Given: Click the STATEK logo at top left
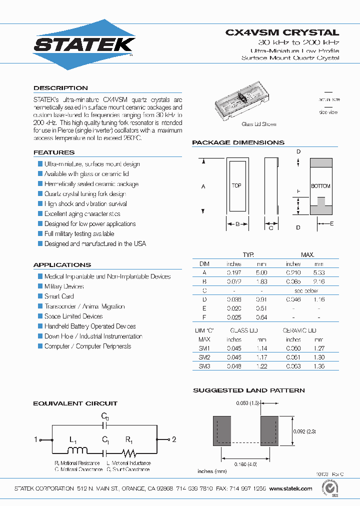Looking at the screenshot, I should click(84, 44).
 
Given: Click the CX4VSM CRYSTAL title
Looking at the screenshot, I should click(282, 32).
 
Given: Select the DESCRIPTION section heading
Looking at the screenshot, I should click(60, 88).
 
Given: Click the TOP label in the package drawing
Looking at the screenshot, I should click(236, 185).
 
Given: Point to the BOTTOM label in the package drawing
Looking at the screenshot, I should click(320, 186).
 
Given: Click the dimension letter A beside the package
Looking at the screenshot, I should click(203, 186).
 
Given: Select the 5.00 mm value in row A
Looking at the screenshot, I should click(261, 272).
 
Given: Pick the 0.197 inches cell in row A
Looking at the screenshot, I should click(234, 272).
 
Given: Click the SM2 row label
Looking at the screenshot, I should click(204, 357).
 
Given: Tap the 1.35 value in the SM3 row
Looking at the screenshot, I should click(318, 366).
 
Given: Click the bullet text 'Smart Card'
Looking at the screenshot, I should click(59, 296).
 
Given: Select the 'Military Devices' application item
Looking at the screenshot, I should click(64, 286).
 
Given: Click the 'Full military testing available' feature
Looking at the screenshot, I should click(79, 234).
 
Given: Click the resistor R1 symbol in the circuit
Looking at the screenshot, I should click(130, 452).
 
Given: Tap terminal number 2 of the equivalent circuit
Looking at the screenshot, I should click(174, 440).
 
